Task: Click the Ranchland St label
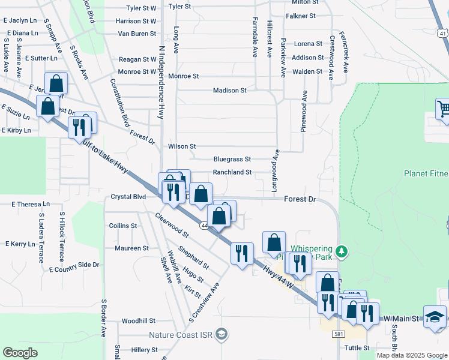(232, 172)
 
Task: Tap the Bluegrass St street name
(232, 160)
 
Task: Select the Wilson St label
(182, 146)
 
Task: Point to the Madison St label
(230, 91)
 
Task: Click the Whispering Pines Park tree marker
(342, 250)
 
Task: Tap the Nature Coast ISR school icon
(221, 334)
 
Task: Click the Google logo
(20, 353)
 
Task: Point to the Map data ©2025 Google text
(411, 355)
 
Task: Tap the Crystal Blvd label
(128, 197)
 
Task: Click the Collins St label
(123, 226)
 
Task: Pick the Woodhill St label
(138, 321)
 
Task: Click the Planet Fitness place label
(426, 174)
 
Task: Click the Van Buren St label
(137, 34)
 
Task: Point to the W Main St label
(400, 318)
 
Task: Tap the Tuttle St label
(357, 347)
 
